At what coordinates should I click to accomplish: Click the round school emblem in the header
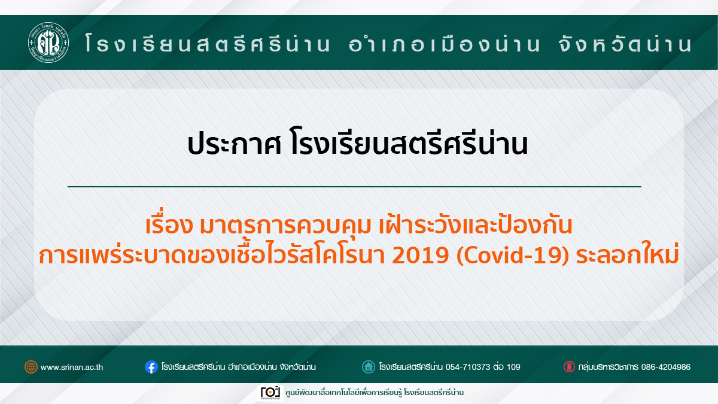pos(48,42)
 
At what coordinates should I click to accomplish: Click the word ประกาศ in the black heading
pos(235,145)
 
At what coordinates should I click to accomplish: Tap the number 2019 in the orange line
pos(420,256)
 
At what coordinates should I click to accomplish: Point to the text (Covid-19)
pos(513,256)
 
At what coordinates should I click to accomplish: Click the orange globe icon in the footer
pos(31,367)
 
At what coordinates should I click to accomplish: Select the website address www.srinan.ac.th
pos(72,367)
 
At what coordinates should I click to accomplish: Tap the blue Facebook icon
pos(151,367)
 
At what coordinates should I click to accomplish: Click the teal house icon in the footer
pos(369,367)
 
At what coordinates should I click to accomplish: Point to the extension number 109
pos(513,367)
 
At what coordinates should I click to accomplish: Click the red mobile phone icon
pos(569,367)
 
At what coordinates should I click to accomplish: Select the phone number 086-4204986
pos(666,367)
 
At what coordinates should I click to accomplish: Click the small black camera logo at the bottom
pos(270,393)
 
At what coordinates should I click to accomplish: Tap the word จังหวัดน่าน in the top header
pos(626,44)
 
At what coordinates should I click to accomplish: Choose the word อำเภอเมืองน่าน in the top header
pos(444,44)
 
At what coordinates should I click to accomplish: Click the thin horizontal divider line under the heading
pos(354,186)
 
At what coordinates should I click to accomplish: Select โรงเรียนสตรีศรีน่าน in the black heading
pos(408,143)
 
